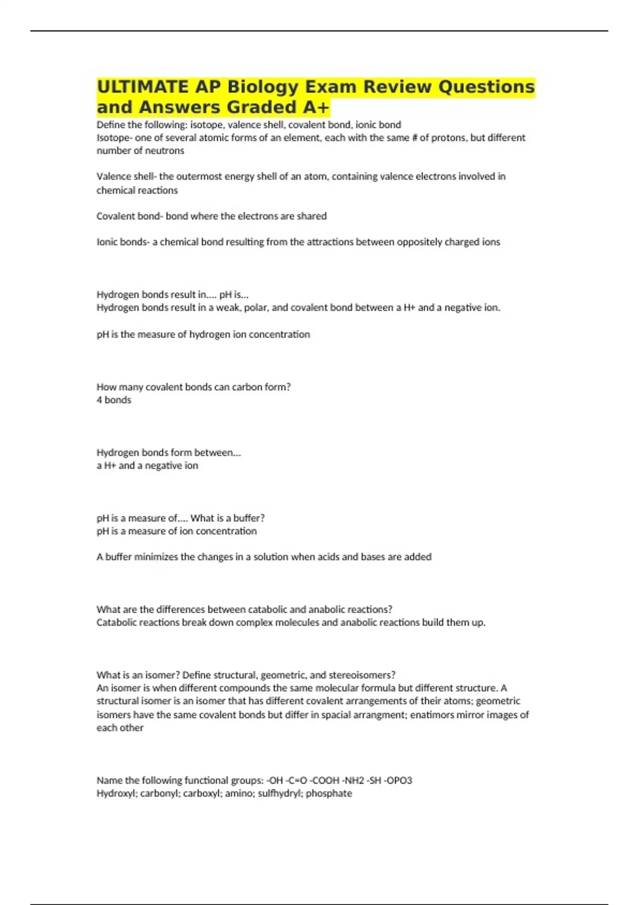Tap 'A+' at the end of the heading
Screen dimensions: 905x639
pos(316,107)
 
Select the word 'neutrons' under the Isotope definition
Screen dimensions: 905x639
pos(167,151)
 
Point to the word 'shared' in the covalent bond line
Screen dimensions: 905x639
pos(312,216)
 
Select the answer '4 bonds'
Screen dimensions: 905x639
pos(114,400)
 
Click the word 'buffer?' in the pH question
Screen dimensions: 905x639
pos(249,518)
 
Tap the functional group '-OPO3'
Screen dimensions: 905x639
pos(398,780)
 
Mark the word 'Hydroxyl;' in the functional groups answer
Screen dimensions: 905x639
pos(117,794)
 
